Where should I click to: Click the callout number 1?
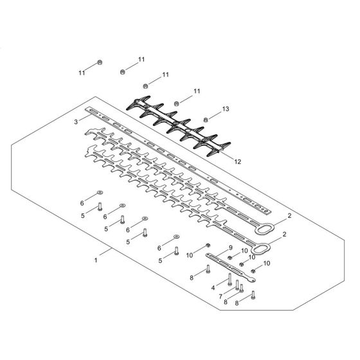click(x=95, y=261)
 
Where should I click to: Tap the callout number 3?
click(x=76, y=120)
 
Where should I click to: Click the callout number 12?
click(x=239, y=161)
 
